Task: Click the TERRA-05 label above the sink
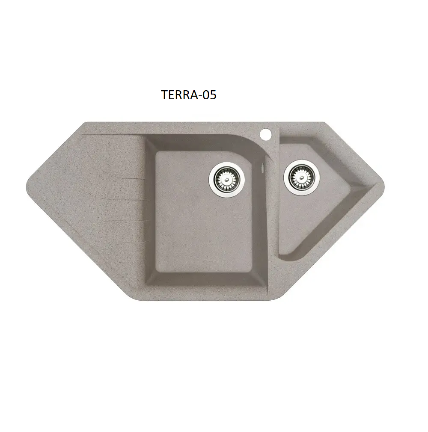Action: point(189,95)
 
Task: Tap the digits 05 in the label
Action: point(209,95)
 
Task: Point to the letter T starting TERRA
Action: point(164,95)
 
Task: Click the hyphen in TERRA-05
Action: point(200,96)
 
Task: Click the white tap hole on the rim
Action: point(265,134)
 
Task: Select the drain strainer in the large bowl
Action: point(227,179)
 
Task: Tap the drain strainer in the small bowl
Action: point(301,178)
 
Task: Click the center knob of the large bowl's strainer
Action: point(227,180)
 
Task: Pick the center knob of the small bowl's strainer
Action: point(301,178)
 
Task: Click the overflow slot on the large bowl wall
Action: point(262,169)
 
